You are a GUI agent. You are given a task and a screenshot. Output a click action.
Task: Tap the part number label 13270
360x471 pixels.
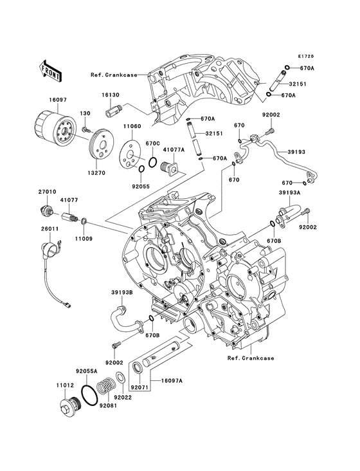coord(96,173)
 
